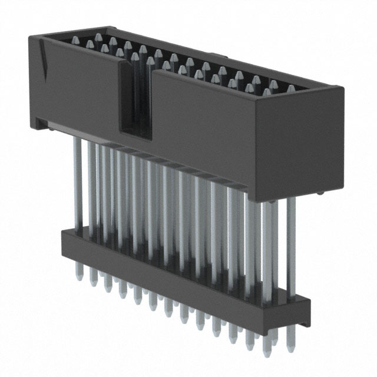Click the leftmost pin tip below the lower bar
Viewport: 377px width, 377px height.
tap(79, 273)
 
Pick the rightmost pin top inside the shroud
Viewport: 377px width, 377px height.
tap(290, 89)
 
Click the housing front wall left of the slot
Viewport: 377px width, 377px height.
tap(77, 88)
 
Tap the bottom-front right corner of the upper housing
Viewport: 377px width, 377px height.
tap(255, 198)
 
